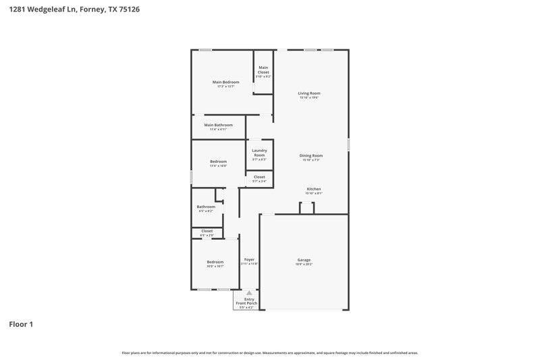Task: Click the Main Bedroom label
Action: pyautogui.click(x=225, y=82)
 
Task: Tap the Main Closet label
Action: pyautogui.click(x=263, y=70)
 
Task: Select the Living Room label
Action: pyautogui.click(x=309, y=93)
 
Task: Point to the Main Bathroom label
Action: pyautogui.click(x=218, y=125)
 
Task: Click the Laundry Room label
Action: pyautogui.click(x=259, y=153)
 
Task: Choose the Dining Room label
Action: pyautogui.click(x=311, y=155)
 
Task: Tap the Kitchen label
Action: pyautogui.click(x=314, y=189)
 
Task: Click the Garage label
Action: pyautogui.click(x=304, y=260)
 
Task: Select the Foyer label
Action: pyautogui.click(x=249, y=259)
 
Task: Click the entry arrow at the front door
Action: pyautogui.click(x=249, y=292)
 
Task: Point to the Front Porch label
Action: pyautogui.click(x=246, y=303)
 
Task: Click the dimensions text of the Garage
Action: pyautogui.click(x=304, y=265)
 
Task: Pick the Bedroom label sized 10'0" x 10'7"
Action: pyautogui.click(x=215, y=262)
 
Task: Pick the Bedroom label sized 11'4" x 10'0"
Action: pyautogui.click(x=218, y=161)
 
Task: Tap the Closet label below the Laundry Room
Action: pyautogui.click(x=259, y=177)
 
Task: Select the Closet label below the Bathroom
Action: pyautogui.click(x=207, y=231)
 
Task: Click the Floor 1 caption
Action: pyautogui.click(x=20, y=324)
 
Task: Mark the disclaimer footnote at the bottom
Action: pyautogui.click(x=269, y=353)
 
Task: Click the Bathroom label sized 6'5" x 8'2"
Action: pyautogui.click(x=206, y=207)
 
